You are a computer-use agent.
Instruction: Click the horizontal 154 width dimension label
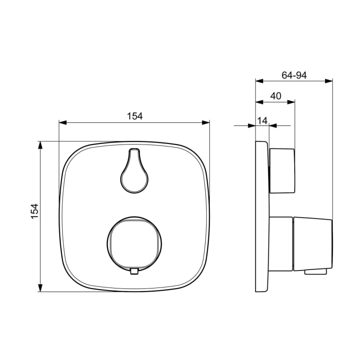pos(135,116)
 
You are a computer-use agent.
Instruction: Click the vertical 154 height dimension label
pos(34,211)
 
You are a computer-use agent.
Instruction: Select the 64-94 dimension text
pos(294,75)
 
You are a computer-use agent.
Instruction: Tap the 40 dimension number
pos(276,96)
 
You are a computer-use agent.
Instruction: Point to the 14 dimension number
pos(262,120)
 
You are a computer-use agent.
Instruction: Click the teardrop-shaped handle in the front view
pos(135,173)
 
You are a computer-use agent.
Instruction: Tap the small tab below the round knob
pos(135,271)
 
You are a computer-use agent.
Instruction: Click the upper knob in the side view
pos(282,170)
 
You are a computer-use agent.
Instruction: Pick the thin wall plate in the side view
pos(262,216)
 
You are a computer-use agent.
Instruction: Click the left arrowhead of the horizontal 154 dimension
pos(63,122)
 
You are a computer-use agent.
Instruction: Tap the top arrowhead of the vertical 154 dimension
pos(40,145)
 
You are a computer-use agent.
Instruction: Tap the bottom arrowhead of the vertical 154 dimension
pos(40,288)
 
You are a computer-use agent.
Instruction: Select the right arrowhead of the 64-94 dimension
pos(329,81)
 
